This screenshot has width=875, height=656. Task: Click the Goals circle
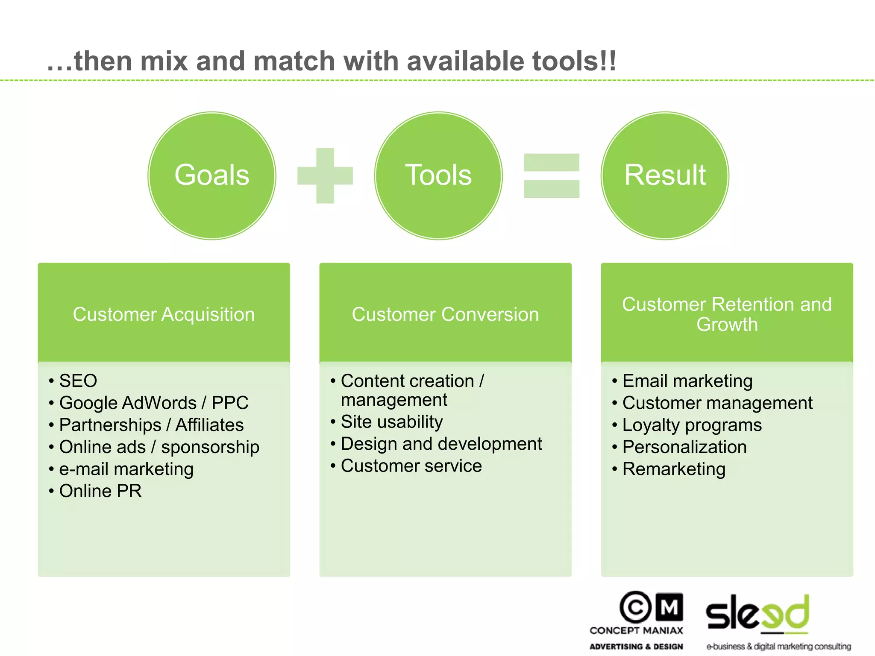tap(212, 176)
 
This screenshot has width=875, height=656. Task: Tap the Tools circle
tap(438, 176)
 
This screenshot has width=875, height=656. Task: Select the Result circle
tap(665, 176)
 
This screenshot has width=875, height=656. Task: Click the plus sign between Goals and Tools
tap(325, 176)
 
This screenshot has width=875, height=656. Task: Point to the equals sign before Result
tap(552, 176)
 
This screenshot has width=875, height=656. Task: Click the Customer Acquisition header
tap(164, 314)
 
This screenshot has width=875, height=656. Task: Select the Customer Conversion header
tap(445, 314)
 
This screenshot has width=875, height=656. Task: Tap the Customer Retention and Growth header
tap(727, 314)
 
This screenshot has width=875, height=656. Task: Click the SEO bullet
tap(78, 381)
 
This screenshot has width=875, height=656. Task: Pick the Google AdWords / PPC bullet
tap(154, 403)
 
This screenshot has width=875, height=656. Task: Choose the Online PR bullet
tap(100, 491)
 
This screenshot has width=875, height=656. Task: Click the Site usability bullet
tap(391, 422)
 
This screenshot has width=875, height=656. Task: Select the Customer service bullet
tap(411, 466)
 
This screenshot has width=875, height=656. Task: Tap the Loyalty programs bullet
tap(692, 425)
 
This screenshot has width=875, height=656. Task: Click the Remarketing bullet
tap(674, 469)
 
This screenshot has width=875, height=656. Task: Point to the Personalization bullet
tap(684, 447)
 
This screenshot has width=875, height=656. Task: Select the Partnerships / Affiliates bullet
tap(151, 425)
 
